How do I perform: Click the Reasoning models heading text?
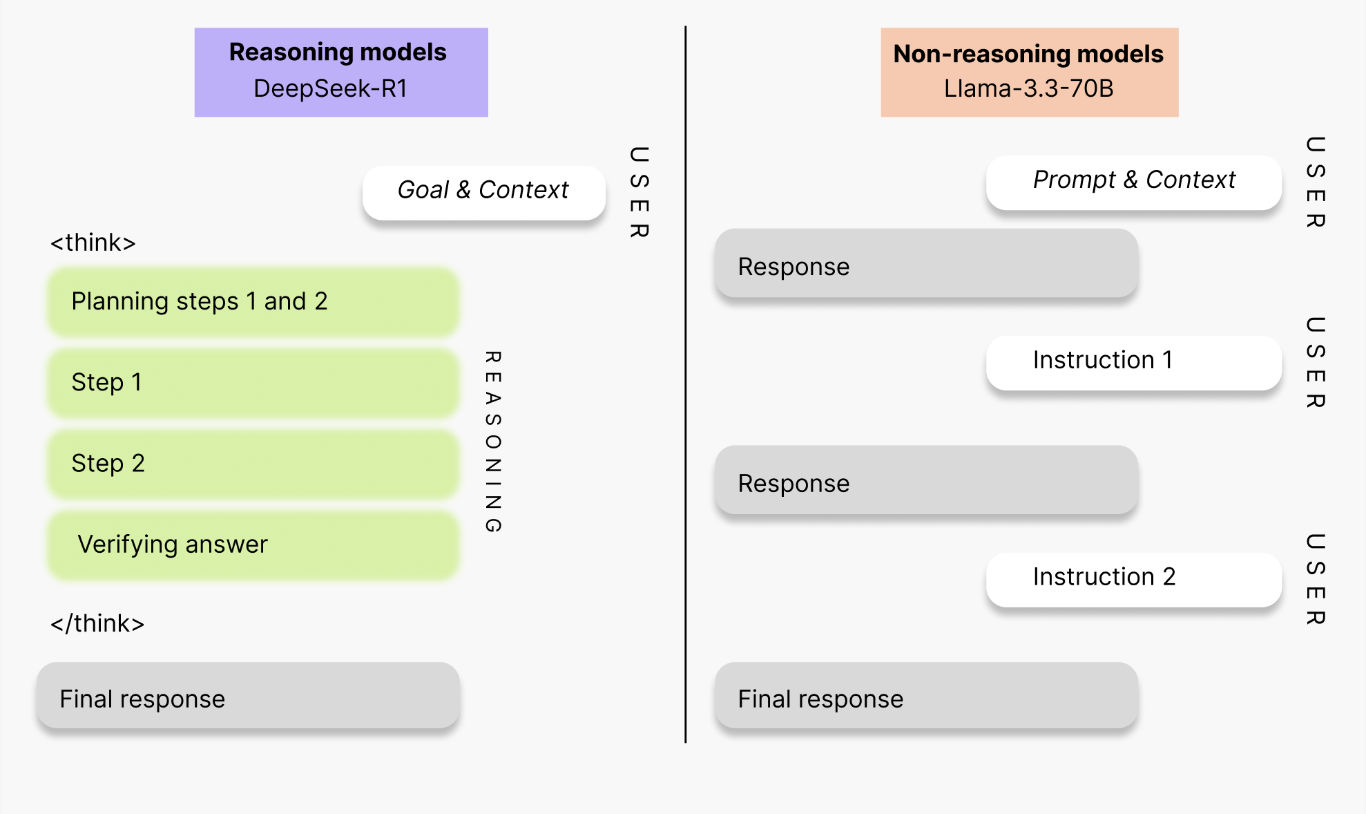(338, 53)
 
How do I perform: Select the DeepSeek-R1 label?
(330, 89)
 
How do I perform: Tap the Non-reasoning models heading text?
(1028, 54)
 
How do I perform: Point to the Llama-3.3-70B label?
(1028, 89)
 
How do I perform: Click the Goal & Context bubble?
(483, 191)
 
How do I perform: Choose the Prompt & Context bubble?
(1133, 181)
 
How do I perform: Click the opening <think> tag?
(93, 243)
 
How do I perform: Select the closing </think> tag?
(97, 624)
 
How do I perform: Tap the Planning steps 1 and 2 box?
(253, 302)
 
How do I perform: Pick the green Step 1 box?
(253, 383)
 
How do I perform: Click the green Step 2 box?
(253, 464)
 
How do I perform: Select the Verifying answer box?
(253, 545)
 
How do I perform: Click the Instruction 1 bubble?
(1133, 361)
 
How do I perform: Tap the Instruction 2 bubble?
(1133, 578)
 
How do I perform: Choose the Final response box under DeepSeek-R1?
(248, 697)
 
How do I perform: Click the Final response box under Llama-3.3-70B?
(926, 697)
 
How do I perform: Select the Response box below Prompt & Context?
(926, 265)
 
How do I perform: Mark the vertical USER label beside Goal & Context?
(639, 191)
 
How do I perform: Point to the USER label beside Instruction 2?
(1316, 578)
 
